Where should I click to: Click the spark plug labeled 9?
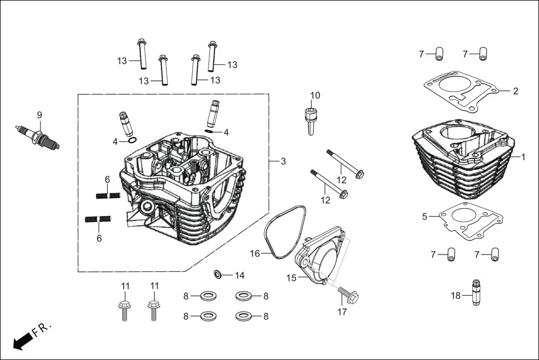[37, 137]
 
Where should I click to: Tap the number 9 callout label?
[39, 115]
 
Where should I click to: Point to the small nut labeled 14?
[218, 275]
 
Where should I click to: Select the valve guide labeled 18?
[476, 294]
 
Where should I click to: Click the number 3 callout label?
[283, 161]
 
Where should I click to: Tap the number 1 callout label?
[523, 157]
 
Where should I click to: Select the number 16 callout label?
[255, 253]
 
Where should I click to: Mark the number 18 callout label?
[456, 296]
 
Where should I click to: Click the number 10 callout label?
[315, 95]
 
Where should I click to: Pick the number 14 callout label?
[240, 275]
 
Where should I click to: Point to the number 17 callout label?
[342, 311]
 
